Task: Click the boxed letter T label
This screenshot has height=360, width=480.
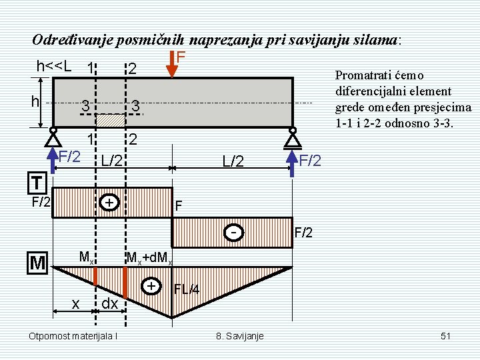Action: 37,182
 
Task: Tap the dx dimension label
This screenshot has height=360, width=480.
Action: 109,303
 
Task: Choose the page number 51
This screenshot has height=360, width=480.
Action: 447,335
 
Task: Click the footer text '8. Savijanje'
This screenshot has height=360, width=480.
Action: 240,335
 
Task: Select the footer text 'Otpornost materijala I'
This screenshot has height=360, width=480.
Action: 74,335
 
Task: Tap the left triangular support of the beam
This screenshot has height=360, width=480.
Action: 52,139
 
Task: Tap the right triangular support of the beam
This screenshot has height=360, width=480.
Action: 291,139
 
